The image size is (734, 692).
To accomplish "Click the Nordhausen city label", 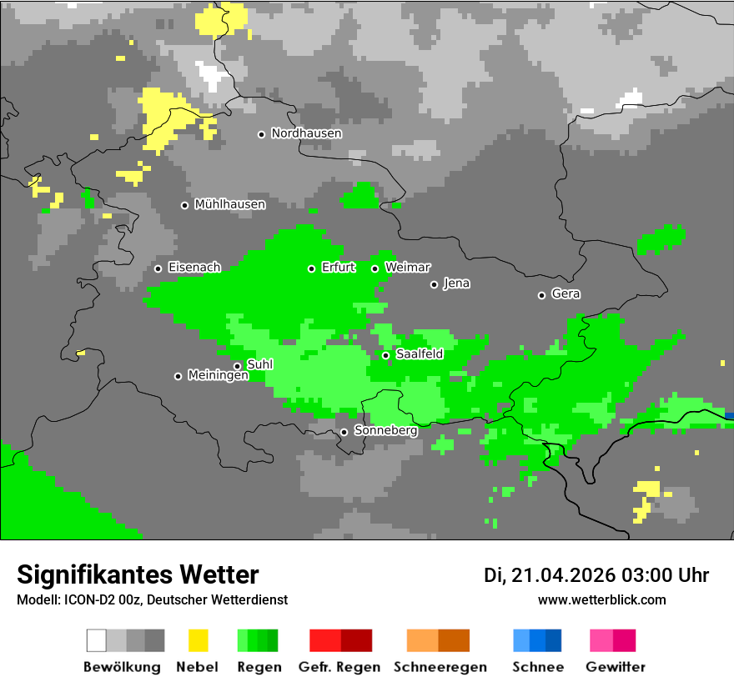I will (x=306, y=133).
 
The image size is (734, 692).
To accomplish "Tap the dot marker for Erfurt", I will (x=311, y=268).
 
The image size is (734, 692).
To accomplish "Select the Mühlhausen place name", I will (x=229, y=204).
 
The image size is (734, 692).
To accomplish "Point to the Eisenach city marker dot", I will (x=158, y=268).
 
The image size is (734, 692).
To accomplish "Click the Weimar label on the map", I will (x=408, y=268).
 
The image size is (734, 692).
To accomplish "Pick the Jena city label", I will (x=456, y=283).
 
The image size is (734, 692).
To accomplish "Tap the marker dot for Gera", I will (x=541, y=295).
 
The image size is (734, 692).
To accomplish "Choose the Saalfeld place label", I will (x=420, y=354).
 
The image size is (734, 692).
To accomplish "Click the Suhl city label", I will (x=260, y=364).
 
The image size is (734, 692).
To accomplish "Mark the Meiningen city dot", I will (x=178, y=376).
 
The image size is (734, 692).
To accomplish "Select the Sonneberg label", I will (x=385, y=431).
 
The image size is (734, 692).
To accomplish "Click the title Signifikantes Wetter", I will (x=138, y=574).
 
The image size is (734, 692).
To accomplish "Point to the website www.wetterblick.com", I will (x=601, y=600).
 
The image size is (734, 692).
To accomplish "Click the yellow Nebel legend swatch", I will (x=198, y=640).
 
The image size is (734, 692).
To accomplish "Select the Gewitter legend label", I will (x=615, y=667).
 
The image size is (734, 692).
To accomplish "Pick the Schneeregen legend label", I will (x=440, y=667).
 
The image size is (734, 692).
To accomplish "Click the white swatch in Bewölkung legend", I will (x=96, y=640).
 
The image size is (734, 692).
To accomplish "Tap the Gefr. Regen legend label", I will (x=339, y=667).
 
